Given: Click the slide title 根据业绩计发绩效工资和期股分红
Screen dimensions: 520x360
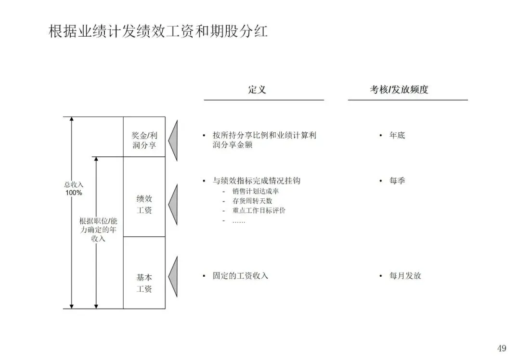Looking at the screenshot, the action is pyautogui.click(x=158, y=32).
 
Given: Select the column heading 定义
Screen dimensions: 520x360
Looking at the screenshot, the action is pyautogui.click(x=257, y=90).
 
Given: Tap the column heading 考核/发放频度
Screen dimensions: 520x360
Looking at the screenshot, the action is pyautogui.click(x=399, y=90).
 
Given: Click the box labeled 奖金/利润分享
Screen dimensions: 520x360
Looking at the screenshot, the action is pyautogui.click(x=144, y=140).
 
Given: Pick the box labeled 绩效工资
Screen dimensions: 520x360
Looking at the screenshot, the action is pyautogui.click(x=144, y=204).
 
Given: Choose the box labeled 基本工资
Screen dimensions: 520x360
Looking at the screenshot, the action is pyautogui.click(x=144, y=283).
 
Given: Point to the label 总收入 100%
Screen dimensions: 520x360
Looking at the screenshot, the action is pyautogui.click(x=74, y=188).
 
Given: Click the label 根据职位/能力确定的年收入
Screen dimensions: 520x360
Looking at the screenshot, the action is pyautogui.click(x=98, y=230).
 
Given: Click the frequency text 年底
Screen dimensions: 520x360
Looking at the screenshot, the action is pyautogui.click(x=397, y=135).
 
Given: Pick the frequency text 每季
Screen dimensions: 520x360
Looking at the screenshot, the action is pyautogui.click(x=397, y=181).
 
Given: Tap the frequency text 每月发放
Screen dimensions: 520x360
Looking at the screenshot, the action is pyautogui.click(x=405, y=276).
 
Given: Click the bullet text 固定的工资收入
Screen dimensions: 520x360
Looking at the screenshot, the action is pyautogui.click(x=240, y=276).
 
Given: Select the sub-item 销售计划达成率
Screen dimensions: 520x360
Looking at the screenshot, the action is pyautogui.click(x=255, y=191).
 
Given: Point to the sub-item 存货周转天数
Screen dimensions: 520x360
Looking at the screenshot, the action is pyautogui.click(x=252, y=201).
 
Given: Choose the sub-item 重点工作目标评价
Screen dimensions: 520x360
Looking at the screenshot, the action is pyautogui.click(x=259, y=210).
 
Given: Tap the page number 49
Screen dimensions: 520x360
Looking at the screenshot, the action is pyautogui.click(x=502, y=348).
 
